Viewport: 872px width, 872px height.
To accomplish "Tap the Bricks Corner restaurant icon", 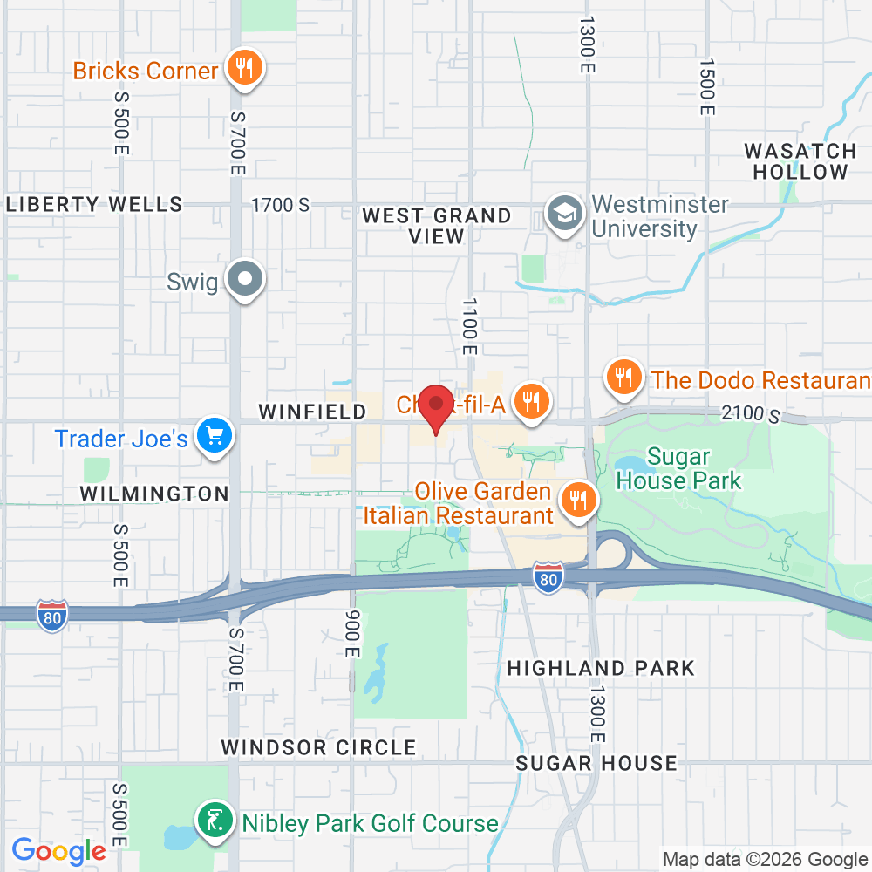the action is (244, 69).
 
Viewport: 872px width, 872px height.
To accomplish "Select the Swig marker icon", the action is (245, 279).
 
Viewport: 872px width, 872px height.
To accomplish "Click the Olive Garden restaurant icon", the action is (576, 501).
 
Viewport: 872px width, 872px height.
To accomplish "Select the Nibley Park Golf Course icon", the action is (215, 821).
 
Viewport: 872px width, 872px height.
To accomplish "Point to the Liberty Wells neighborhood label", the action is (94, 205).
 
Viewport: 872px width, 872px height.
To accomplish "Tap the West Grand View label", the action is (437, 226).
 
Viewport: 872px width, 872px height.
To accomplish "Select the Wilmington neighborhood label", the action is (154, 494).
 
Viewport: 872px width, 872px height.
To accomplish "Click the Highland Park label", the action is (601, 669).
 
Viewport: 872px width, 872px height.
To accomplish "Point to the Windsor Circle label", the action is (318, 748).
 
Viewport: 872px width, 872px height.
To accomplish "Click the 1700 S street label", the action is (280, 206).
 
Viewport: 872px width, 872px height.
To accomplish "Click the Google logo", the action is (58, 850).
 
